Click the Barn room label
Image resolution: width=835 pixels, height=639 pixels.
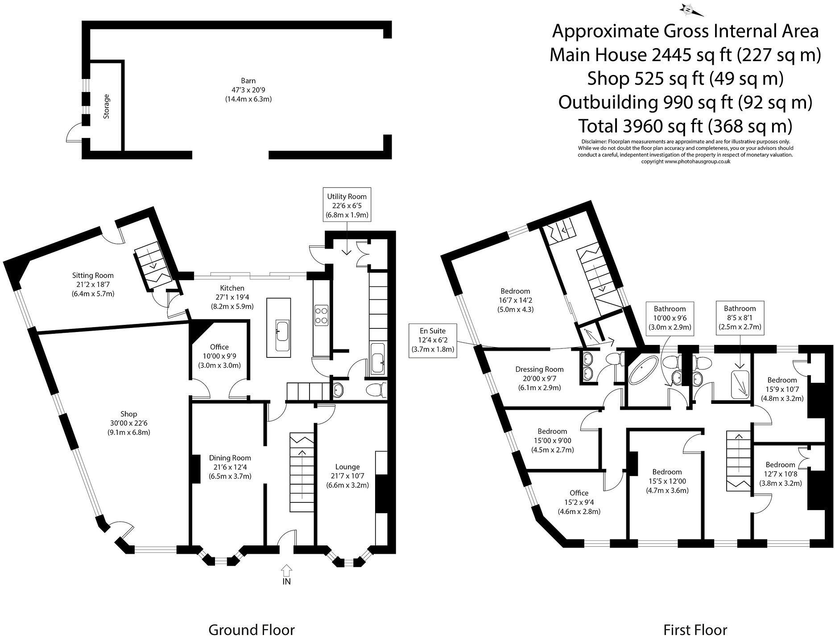248,81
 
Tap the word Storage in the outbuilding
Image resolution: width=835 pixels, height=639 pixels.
106,106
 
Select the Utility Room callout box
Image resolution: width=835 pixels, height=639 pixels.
347,206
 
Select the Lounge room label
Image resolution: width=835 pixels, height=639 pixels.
347,467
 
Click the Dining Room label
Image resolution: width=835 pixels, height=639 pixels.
230,458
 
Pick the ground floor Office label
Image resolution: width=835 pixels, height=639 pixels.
219,347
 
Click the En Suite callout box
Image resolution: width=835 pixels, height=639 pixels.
432,340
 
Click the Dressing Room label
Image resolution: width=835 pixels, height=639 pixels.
539,369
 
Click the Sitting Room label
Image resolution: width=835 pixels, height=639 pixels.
93,275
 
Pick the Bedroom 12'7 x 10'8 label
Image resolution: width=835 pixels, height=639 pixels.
780,465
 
